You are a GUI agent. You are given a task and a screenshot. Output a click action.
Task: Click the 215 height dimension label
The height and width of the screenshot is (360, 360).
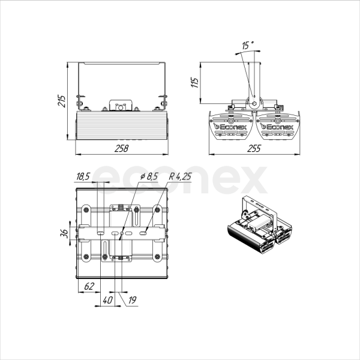tap(61, 101)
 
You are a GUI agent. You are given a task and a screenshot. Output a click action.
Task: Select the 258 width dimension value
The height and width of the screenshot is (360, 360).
tap(121, 149)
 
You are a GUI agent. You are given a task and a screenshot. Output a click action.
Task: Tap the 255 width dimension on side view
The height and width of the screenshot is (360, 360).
tap(254, 149)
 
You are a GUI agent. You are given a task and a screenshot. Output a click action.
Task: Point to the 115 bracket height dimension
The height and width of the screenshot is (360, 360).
tap(194, 83)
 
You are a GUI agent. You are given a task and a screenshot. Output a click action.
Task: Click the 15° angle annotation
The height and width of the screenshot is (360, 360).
tap(247, 45)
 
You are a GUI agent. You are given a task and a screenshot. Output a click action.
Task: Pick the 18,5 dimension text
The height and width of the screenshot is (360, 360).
tap(83, 176)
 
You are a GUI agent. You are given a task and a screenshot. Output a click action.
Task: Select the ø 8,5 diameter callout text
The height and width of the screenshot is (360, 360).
tap(149, 176)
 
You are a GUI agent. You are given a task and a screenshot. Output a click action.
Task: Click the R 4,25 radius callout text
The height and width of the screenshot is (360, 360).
tap(180, 176)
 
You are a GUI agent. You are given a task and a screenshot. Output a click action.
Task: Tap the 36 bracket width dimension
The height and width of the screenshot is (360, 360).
tap(65, 233)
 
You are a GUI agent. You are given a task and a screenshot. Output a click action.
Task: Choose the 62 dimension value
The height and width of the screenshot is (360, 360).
tap(89, 286)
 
